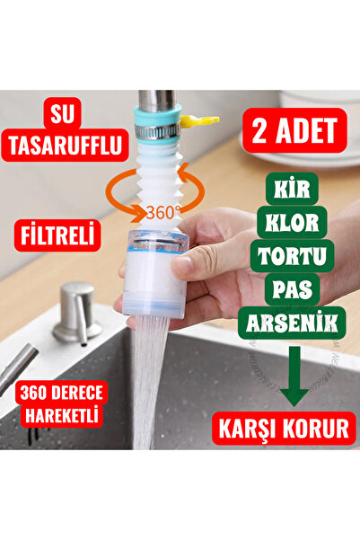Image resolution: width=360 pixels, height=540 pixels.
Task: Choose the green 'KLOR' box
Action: click(x=292, y=222)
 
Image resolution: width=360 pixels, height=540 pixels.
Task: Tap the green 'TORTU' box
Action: click(x=292, y=256)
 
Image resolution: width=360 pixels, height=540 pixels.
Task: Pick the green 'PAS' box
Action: click(x=292, y=289)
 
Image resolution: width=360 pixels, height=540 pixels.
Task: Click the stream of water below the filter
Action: click(x=148, y=377)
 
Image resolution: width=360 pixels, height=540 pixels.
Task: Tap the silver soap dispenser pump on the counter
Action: click(x=77, y=310)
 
